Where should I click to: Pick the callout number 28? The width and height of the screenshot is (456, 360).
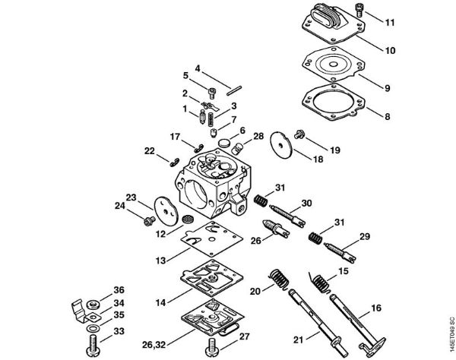[258, 136]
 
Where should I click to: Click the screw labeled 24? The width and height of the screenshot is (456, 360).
[149, 219]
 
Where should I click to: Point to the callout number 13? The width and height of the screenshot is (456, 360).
[160, 261]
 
